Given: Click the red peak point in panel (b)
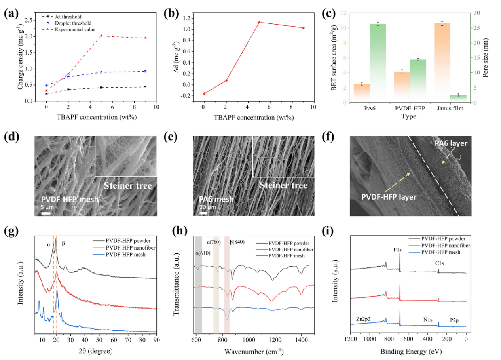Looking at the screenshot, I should click(x=259, y=22).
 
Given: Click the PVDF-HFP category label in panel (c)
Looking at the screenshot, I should click(x=410, y=109).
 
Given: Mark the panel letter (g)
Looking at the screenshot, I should click(x=10, y=232).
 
